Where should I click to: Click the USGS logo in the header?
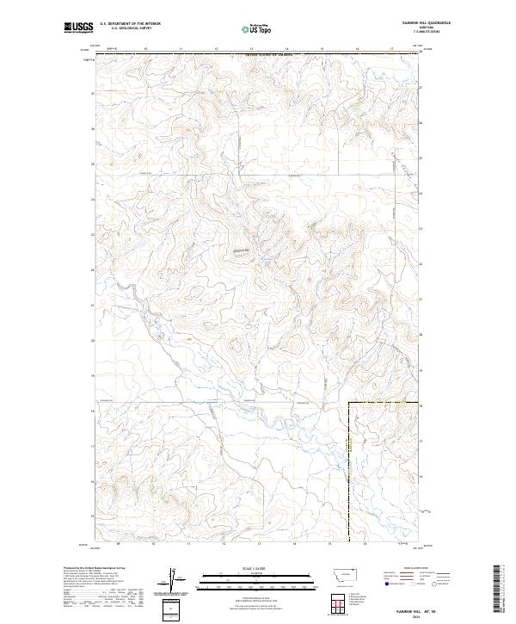click(x=79, y=28)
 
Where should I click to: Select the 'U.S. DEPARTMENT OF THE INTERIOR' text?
click(x=130, y=23)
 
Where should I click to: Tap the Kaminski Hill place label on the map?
click(x=239, y=250)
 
